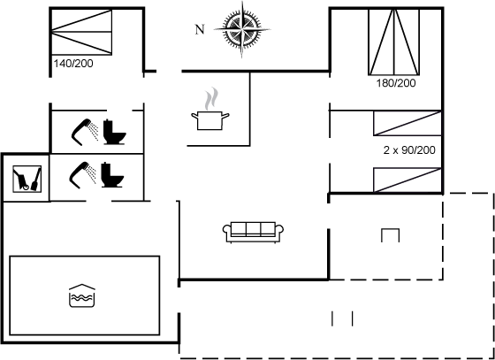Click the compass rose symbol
click(242, 30)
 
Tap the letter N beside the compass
click(200, 30)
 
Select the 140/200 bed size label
click(73, 64)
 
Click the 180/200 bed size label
click(396, 83)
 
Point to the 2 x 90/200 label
click(409, 150)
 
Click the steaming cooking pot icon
click(210, 110)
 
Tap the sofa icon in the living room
click(253, 232)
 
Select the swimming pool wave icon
click(82, 295)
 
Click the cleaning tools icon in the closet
click(27, 179)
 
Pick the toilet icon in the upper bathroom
click(115, 132)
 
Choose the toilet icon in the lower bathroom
click(112, 174)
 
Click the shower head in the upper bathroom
click(85, 132)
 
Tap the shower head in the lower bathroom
click(83, 174)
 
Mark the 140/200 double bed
click(81, 32)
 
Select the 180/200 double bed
click(394, 42)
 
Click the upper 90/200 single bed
click(407, 123)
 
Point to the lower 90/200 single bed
click(407, 180)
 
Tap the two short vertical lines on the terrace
click(342, 318)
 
